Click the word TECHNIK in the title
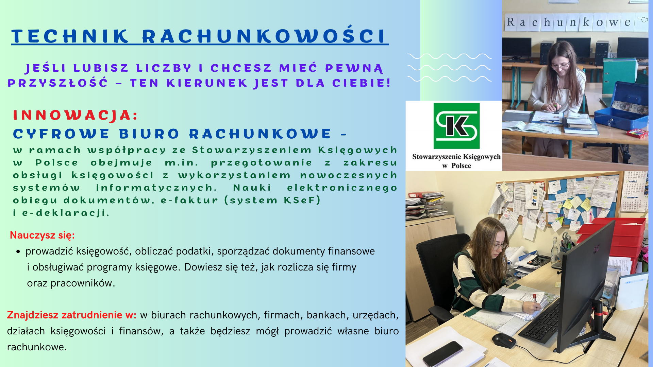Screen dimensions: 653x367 [70, 36]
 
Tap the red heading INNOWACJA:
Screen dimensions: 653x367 [76, 115]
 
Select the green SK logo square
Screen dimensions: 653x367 [456, 126]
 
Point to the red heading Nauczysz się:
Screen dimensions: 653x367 [42, 235]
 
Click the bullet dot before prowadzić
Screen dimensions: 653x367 [18, 252]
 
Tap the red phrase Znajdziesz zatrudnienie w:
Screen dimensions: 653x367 [71, 315]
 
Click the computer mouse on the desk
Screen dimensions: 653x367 [504, 340]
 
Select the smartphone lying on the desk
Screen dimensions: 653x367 [442, 354]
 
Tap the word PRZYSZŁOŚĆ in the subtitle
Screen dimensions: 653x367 [57, 83]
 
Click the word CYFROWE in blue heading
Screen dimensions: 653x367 [61, 134]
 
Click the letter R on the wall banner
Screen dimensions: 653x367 [510, 22]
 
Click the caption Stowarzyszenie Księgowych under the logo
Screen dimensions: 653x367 [456, 157]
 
